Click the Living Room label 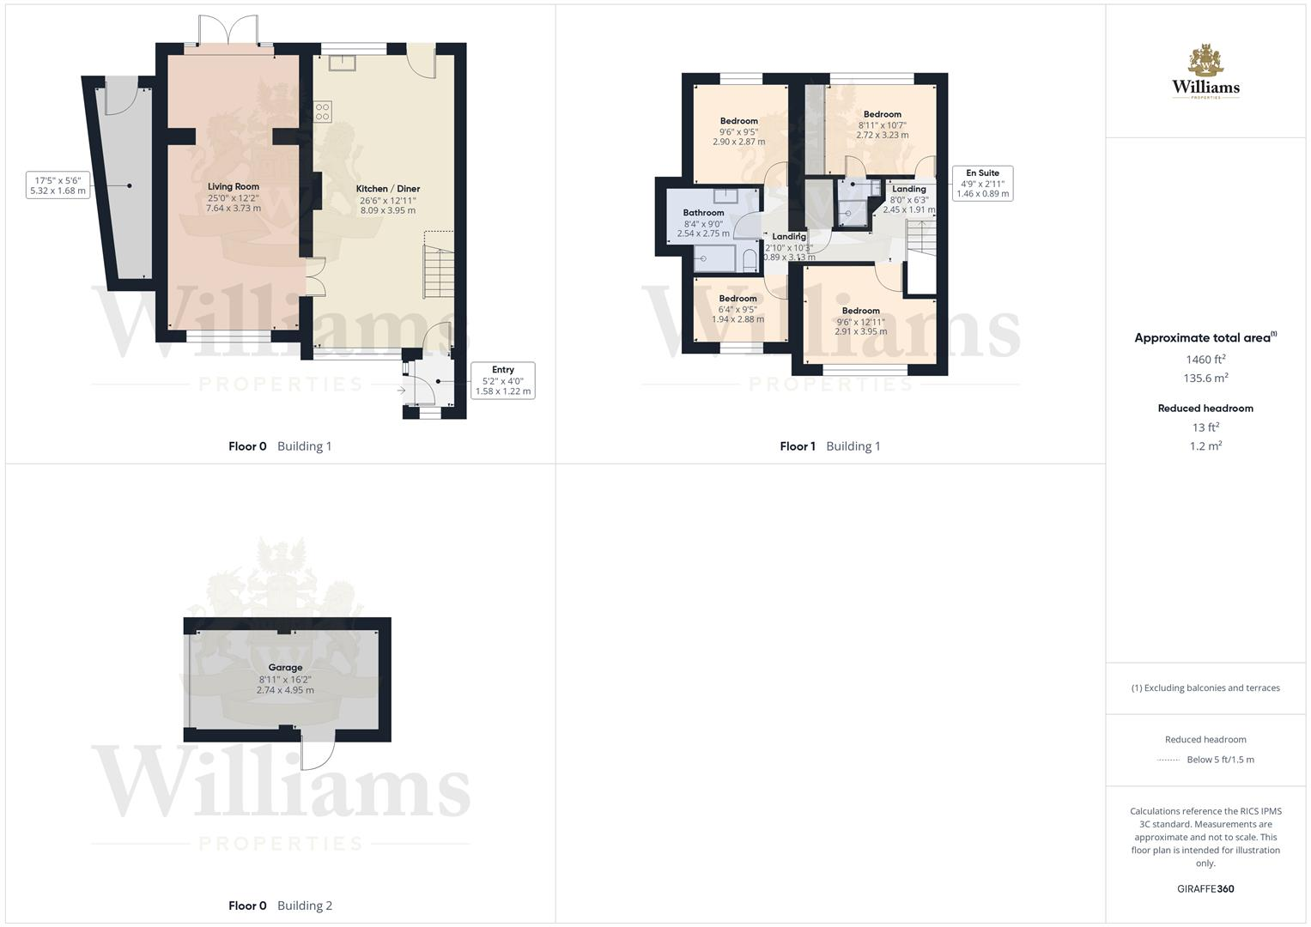(233, 186)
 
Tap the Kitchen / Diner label (388, 189)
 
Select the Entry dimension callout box (502, 380)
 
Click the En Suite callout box (982, 184)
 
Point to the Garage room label (285, 668)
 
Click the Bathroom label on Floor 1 (703, 213)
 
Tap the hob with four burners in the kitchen (323, 112)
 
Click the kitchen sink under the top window (341, 62)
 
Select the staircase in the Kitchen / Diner (438, 270)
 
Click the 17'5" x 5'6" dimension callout (58, 185)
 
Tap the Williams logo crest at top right (1205, 62)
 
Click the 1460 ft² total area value (1205, 360)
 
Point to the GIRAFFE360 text (1205, 889)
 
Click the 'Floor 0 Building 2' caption (280, 906)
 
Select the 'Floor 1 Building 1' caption (829, 446)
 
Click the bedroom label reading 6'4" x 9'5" (737, 309)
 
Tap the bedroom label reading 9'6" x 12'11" (860, 321)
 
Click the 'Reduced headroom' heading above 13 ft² (1205, 409)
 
